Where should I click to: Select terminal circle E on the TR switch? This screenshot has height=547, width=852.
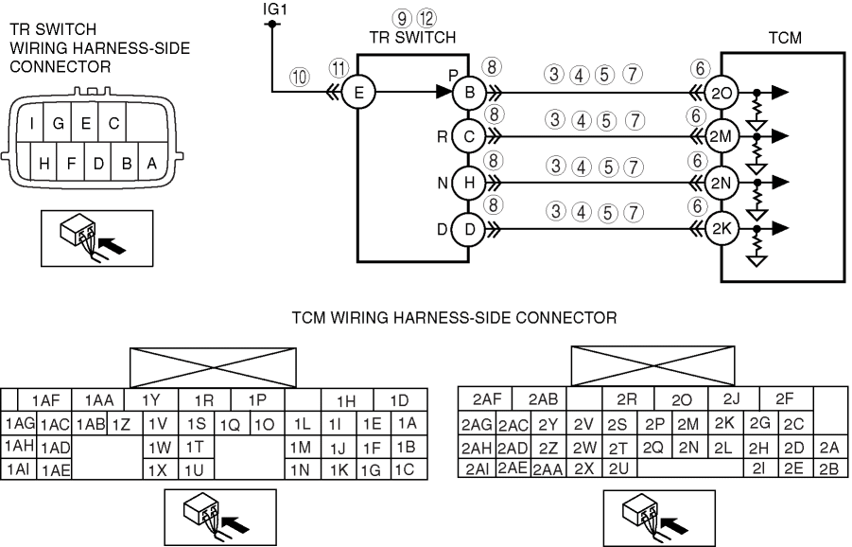point(358,93)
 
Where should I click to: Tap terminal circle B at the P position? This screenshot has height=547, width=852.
point(469,93)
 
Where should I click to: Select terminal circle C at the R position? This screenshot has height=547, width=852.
point(469,137)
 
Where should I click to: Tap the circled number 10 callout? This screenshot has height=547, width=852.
point(300,79)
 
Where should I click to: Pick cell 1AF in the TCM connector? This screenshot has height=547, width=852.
point(45,400)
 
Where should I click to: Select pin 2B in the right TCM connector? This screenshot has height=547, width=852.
point(828,468)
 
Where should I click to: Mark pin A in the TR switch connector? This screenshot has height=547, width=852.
point(150,163)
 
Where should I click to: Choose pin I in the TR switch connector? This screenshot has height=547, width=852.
point(33,122)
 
